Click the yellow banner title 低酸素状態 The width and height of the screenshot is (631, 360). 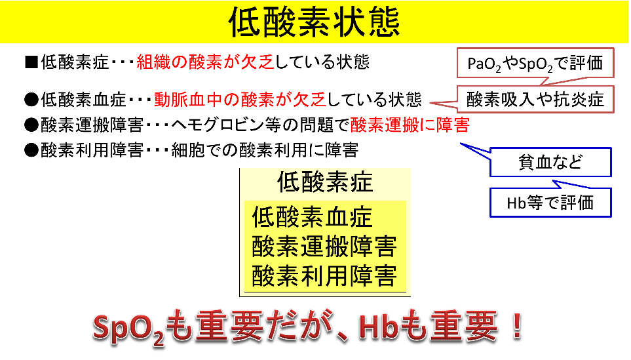[315, 22]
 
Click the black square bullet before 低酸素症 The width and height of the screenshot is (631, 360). [31, 62]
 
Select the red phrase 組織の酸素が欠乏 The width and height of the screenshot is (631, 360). [205, 62]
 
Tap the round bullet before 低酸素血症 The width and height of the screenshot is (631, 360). [31, 100]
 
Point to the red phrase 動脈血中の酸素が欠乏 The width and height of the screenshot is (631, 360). [240, 100]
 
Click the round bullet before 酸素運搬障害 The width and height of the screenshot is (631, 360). [31, 125]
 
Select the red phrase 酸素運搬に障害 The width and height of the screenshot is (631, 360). [410, 125]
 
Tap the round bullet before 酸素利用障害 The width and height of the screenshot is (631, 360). [31, 150]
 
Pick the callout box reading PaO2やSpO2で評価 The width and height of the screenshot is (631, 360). [535, 63]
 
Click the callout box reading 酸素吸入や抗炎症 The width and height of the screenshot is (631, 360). [535, 100]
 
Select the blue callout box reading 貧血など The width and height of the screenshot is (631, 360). [550, 162]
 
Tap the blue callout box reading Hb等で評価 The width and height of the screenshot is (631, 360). [550, 203]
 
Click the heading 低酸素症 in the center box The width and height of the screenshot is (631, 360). [325, 182]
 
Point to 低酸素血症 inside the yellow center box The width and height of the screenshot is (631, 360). [313, 217]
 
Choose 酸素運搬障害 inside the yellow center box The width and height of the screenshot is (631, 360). [324, 247]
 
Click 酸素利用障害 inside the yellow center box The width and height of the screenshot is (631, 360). [324, 276]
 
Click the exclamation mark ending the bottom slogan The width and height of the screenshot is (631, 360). [516, 326]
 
